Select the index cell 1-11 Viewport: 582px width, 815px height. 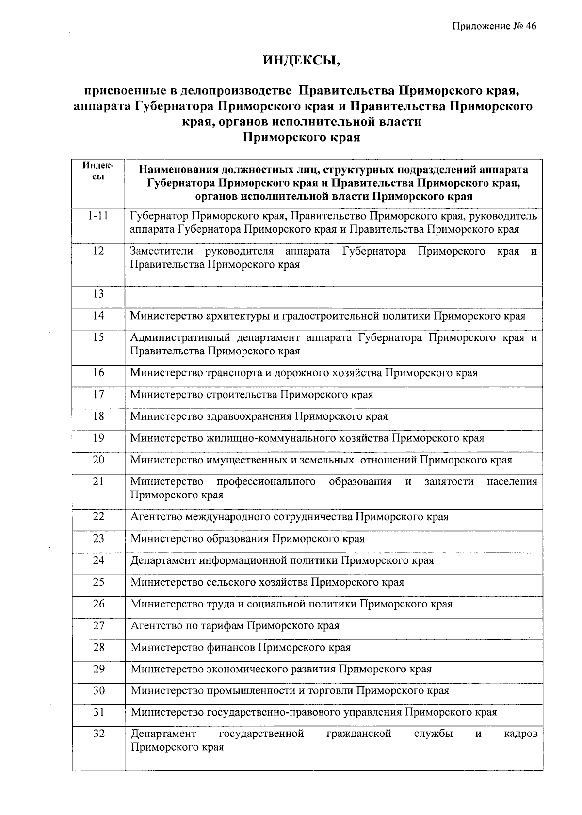(x=98, y=216)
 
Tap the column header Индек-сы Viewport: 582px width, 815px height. (x=98, y=171)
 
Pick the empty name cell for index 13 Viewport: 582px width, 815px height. (x=334, y=297)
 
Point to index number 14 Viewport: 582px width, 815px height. (x=98, y=316)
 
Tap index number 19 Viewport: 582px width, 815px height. (x=98, y=438)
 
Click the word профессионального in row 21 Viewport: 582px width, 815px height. (x=266, y=481)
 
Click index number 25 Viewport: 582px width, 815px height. (x=98, y=581)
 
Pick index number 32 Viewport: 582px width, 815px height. (x=99, y=734)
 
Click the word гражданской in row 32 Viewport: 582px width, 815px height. (x=358, y=734)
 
